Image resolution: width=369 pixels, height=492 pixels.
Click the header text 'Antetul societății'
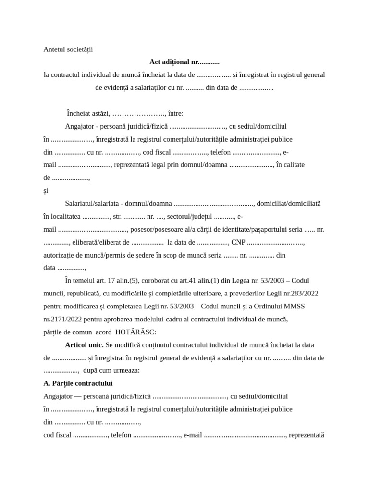coord(68,49)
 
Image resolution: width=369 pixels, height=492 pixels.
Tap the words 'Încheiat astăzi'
coord(88,113)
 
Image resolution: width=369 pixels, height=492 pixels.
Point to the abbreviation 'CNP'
coord(238,242)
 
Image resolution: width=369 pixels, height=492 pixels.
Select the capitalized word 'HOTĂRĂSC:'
coord(135,332)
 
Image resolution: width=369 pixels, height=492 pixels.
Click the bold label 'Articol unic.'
coord(84,345)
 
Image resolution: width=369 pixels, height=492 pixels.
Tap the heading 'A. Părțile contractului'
coord(78,383)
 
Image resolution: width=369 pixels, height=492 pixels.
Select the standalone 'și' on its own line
coord(46,190)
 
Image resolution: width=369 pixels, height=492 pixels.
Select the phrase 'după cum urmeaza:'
coord(111,370)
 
